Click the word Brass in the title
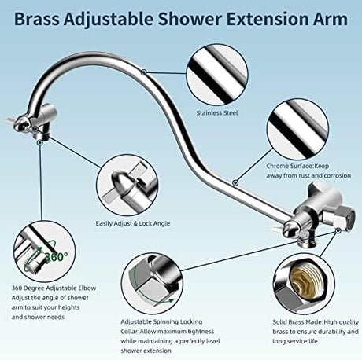tap(37, 19)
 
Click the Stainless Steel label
tap(217, 113)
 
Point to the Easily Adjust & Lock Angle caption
tap(133, 223)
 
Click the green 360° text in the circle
tap(57, 256)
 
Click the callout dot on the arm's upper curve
tap(143, 72)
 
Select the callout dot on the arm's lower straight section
tap(235, 182)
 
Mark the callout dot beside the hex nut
tap(338, 230)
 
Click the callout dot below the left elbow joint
tap(39, 142)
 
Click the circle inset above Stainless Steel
tap(217, 75)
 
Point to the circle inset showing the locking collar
tap(152, 284)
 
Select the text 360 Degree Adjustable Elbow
tap(54, 288)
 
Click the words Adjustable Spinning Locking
tap(161, 321)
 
